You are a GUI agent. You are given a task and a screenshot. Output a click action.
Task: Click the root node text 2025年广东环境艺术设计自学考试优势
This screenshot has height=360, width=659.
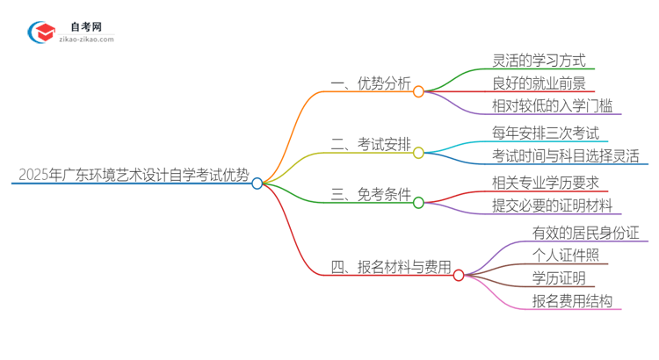coord(132,174)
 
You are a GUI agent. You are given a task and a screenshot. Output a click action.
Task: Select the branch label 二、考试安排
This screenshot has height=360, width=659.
coord(370,145)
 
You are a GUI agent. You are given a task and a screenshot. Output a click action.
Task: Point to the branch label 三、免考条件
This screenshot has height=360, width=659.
coord(370,194)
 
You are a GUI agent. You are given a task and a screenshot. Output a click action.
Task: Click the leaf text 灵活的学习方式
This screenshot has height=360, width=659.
coord(539,61)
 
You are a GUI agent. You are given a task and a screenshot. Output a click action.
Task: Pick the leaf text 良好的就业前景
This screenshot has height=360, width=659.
coord(539,83)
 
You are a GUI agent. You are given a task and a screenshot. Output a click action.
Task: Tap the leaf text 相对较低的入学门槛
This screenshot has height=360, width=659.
coord(552,106)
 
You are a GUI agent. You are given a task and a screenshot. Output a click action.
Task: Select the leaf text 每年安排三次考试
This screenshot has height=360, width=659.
coord(546,133)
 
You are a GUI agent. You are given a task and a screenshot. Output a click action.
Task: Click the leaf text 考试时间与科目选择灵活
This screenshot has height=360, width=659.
coord(565,156)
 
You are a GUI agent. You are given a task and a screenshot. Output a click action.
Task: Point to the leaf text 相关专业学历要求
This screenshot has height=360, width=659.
coord(546,183)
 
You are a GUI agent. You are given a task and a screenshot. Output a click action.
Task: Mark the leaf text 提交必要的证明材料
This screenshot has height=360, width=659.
coord(552,206)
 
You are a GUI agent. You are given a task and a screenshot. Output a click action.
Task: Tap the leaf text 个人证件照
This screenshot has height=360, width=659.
coord(565,256)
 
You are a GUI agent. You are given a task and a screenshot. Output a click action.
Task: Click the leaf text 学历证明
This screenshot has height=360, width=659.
coord(558,278)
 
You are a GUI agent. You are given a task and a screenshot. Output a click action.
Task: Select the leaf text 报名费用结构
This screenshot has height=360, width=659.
coord(571,301)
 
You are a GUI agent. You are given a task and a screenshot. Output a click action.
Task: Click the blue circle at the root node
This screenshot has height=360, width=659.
coord(257,184)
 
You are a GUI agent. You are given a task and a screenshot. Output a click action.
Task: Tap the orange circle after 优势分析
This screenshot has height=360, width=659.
coord(418,91)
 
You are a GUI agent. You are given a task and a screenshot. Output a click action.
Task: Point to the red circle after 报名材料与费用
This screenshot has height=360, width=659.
coord(459,275)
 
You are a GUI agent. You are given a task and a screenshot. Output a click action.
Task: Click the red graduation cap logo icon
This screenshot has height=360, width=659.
coord(42,32)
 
